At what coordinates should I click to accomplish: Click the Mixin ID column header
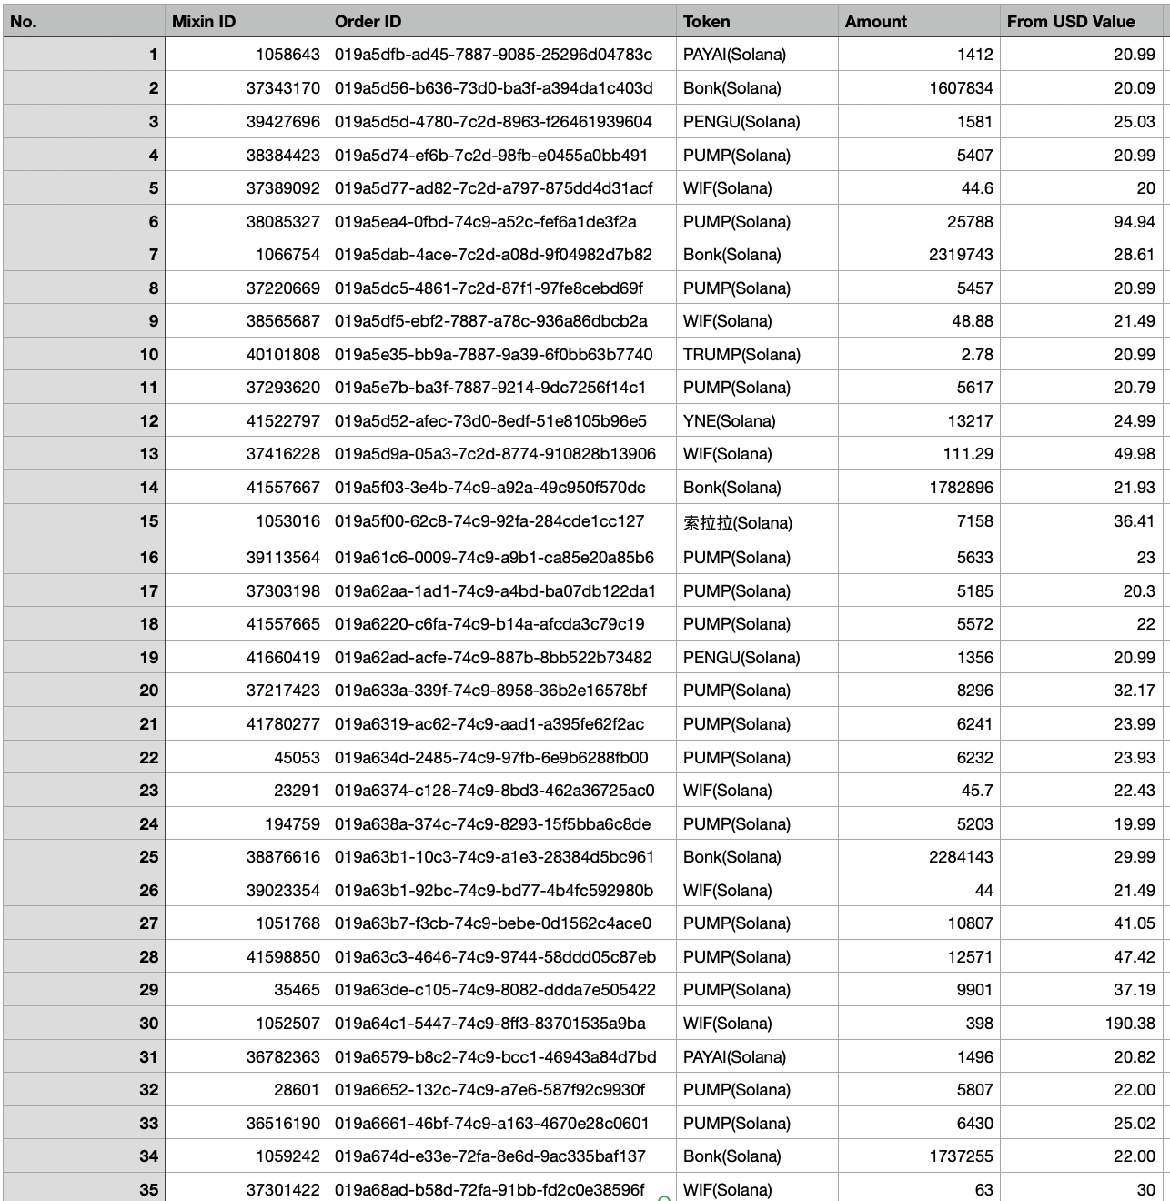204,22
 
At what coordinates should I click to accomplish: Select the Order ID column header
368,22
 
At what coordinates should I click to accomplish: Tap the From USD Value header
1070,22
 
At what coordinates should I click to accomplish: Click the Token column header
706,22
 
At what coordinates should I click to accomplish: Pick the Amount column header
875,22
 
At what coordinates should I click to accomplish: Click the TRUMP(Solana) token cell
741,355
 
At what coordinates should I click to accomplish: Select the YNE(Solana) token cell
729,421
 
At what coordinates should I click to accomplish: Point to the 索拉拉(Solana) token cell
737,522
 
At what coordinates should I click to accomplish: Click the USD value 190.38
1130,1024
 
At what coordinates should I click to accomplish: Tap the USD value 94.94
1134,222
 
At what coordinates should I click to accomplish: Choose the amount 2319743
961,255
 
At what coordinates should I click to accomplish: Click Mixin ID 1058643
287,55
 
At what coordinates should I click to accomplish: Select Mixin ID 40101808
283,355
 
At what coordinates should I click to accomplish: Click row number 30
149,1024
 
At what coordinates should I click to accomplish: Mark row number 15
149,521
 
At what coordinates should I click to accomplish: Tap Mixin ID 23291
297,791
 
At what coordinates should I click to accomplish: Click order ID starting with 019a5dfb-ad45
493,55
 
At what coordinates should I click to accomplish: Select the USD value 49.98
1134,454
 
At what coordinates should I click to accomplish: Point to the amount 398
979,1024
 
